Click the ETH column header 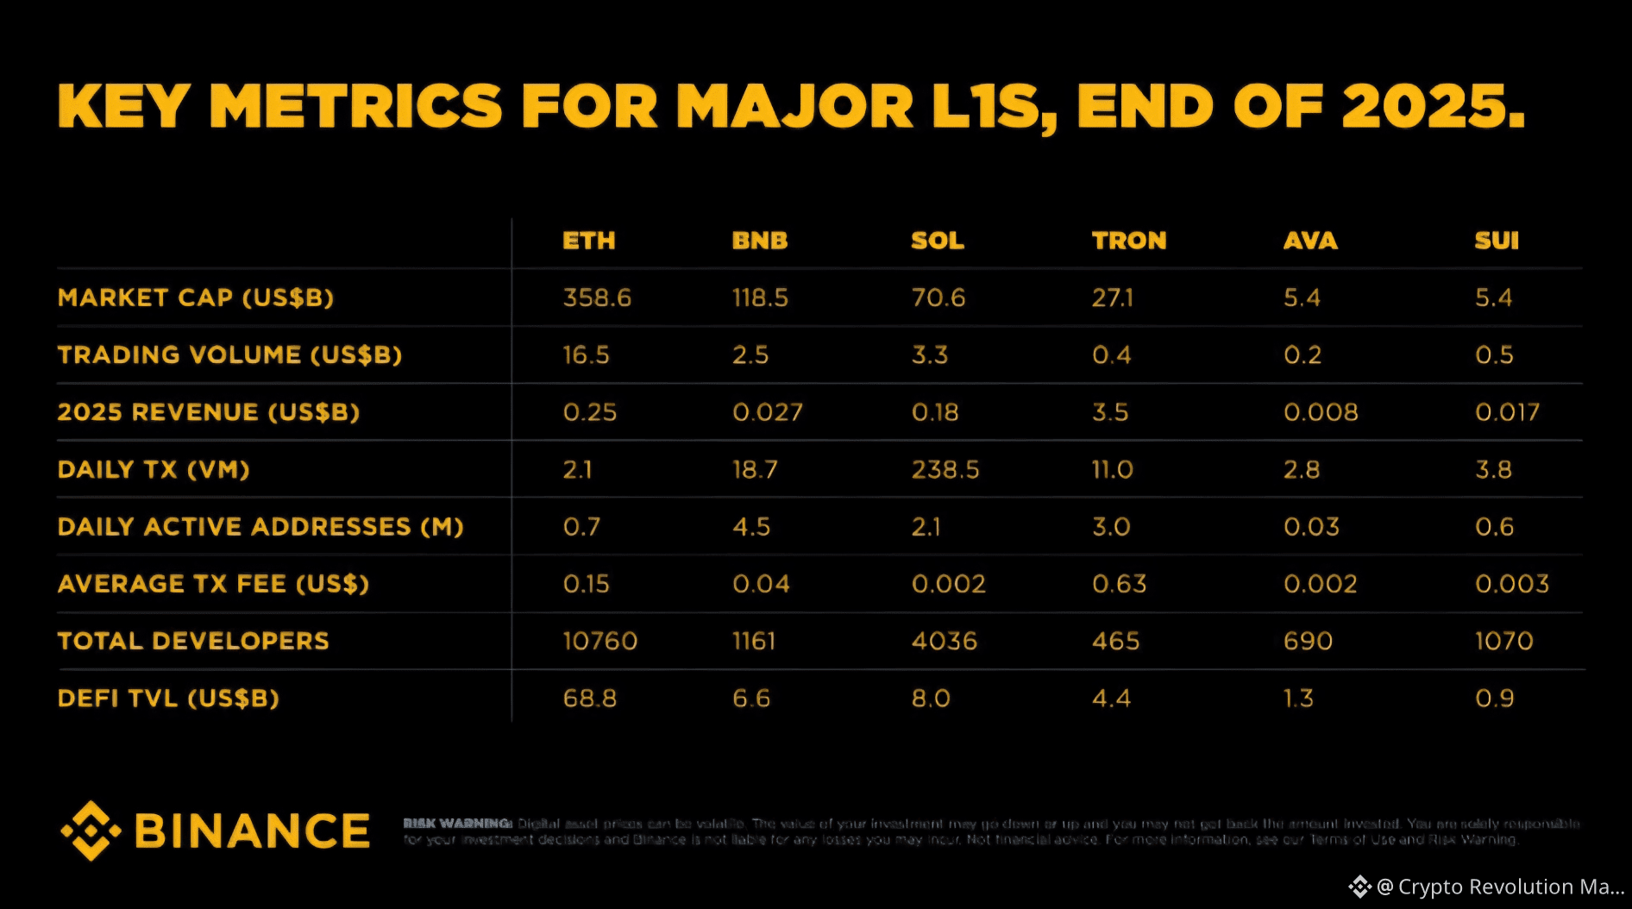[589, 241]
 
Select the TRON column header [1128, 241]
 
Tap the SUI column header [1497, 241]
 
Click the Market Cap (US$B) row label [196, 298]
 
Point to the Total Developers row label [193, 641]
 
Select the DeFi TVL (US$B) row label [168, 698]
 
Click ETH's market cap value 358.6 [597, 298]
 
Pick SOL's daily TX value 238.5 [945, 469]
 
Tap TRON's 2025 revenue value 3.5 [1110, 412]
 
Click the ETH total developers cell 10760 [600, 641]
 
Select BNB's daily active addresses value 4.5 [751, 526]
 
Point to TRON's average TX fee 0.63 [1120, 584]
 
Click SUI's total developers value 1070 [1504, 641]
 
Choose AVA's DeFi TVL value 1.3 [1298, 698]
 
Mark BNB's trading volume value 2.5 [750, 354]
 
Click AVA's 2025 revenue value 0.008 [1321, 412]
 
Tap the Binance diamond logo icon [90, 831]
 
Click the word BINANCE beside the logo [252, 831]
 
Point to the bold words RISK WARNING [457, 824]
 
